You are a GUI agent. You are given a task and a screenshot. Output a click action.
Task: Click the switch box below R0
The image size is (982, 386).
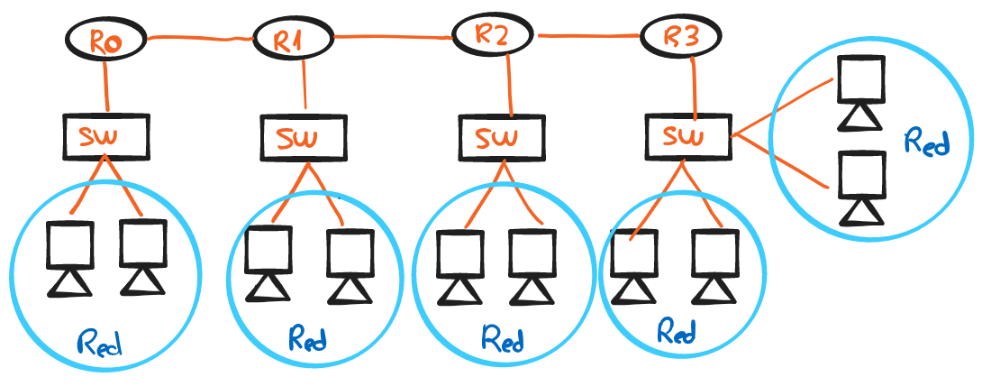pyautogui.click(x=105, y=135)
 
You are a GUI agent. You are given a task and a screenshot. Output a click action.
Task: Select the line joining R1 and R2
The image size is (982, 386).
pyautogui.click(x=392, y=37)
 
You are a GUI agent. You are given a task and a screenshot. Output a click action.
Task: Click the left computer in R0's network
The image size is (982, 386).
pyautogui.click(x=69, y=256)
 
